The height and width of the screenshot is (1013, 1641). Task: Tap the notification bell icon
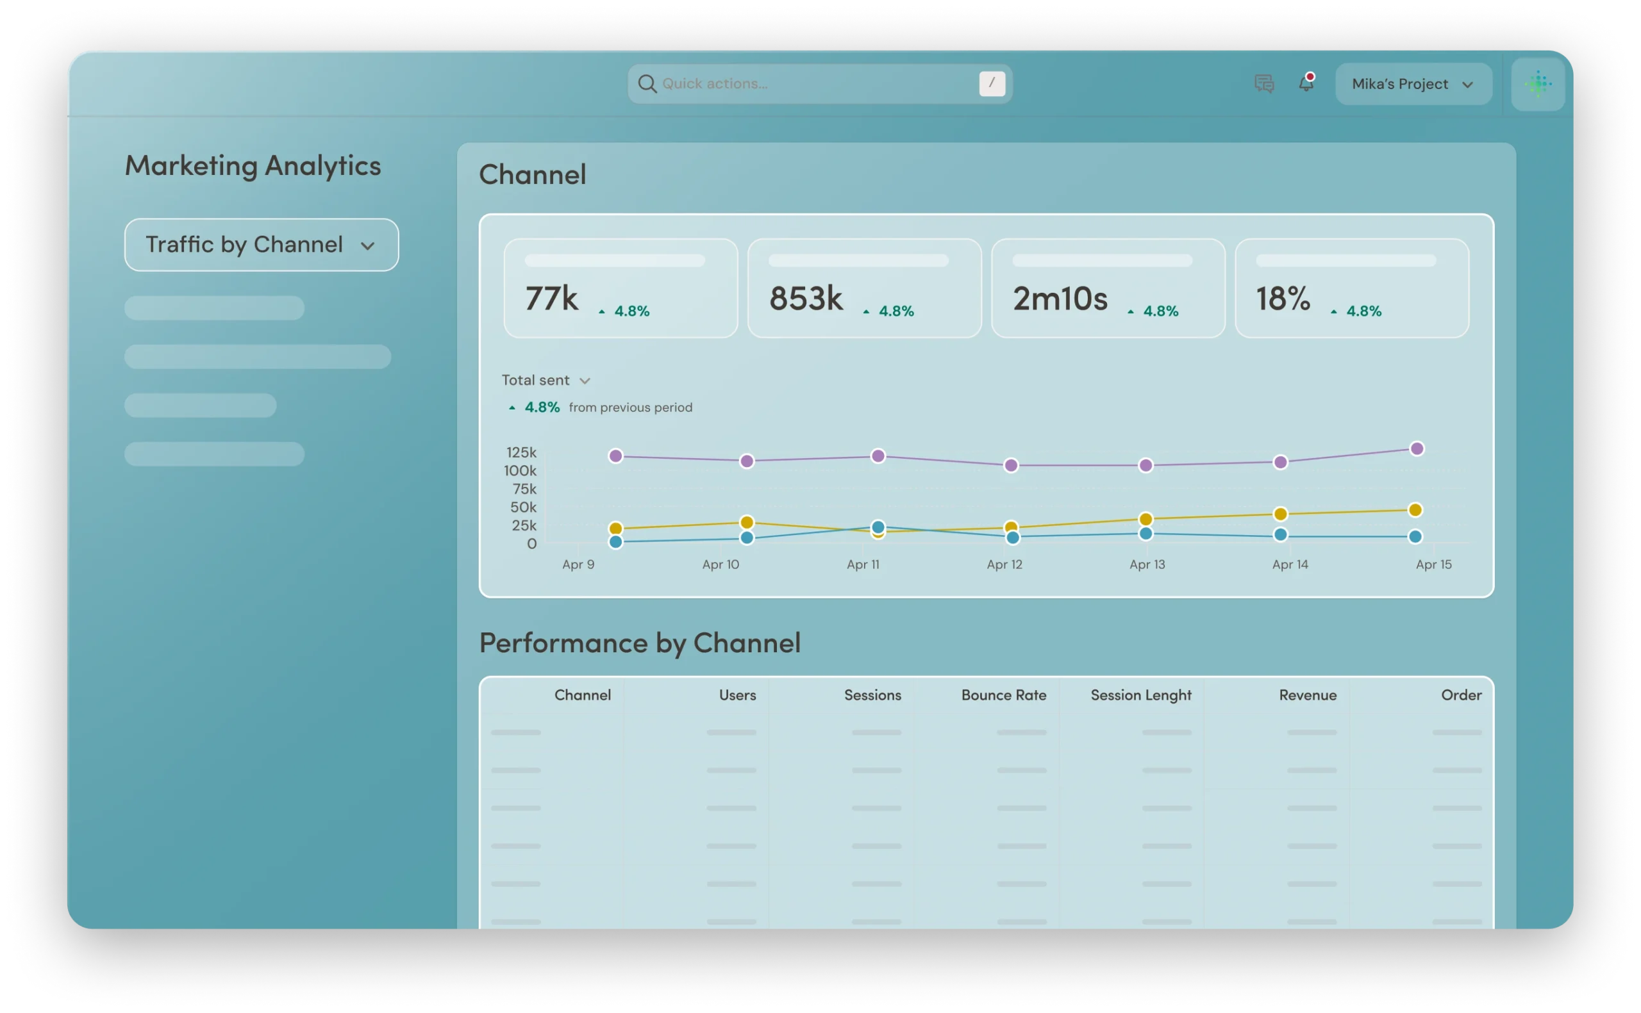[1306, 83]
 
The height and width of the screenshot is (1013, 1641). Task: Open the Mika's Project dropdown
[1413, 84]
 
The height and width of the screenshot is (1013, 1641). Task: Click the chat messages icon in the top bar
[1263, 84]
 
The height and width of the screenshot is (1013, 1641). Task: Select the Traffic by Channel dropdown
[262, 245]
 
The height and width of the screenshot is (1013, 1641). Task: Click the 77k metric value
[551, 299]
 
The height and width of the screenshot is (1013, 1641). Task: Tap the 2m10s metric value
[1060, 299]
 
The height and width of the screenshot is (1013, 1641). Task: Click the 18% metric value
[1283, 299]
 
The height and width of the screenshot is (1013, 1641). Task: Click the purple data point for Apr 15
[1417, 449]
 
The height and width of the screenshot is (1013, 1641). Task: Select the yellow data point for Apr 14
[1281, 514]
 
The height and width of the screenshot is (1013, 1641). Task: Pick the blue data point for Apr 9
[616, 541]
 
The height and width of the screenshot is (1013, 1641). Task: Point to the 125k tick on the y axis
[521, 452]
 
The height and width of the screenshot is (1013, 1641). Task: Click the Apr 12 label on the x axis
[1004, 564]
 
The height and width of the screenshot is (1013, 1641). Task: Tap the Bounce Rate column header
[1004, 695]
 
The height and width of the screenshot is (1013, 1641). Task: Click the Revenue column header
[1307, 695]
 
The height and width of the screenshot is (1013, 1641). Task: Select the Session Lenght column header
[1141, 695]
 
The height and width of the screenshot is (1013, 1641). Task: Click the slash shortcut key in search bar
[992, 84]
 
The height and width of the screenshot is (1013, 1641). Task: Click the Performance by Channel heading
[640, 643]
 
